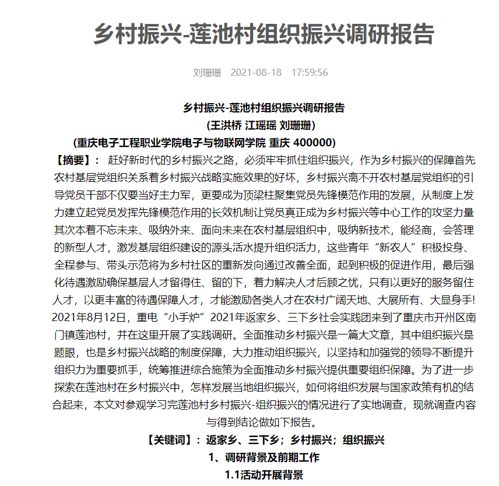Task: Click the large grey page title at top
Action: (264, 34)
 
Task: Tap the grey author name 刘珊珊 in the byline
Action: (207, 73)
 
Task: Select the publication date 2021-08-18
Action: (256, 73)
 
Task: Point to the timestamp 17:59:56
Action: (310, 73)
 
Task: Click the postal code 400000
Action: (315, 143)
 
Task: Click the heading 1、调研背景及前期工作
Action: (263, 457)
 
